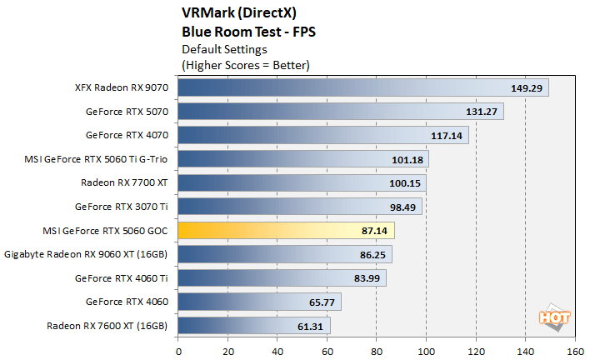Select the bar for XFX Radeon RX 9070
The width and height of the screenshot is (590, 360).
(x=362, y=86)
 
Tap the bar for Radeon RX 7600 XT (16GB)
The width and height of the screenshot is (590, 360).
(x=253, y=325)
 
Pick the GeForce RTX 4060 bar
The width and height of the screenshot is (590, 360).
(x=259, y=301)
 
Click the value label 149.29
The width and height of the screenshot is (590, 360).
(x=528, y=87)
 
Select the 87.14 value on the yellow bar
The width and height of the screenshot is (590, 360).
(x=374, y=230)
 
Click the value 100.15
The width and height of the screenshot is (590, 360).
(x=407, y=182)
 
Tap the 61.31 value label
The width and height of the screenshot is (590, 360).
(x=310, y=326)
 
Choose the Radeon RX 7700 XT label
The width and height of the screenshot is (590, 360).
(x=124, y=182)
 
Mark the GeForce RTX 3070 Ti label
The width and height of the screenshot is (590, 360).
(x=122, y=206)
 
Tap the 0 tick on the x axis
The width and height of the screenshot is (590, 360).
(x=178, y=351)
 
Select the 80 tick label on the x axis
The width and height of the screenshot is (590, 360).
(x=377, y=351)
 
